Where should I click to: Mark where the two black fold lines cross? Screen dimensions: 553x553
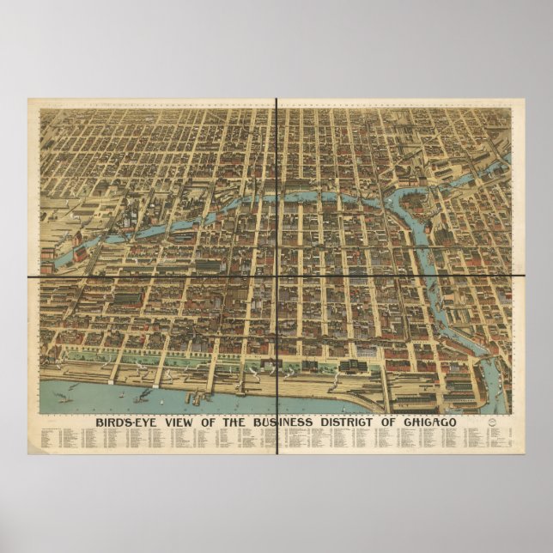click(x=276, y=276)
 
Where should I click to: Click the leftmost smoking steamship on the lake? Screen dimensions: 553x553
click(x=62, y=397)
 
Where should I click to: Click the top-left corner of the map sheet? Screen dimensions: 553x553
click(x=28, y=98)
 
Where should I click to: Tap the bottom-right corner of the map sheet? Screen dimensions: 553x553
click(x=525, y=454)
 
